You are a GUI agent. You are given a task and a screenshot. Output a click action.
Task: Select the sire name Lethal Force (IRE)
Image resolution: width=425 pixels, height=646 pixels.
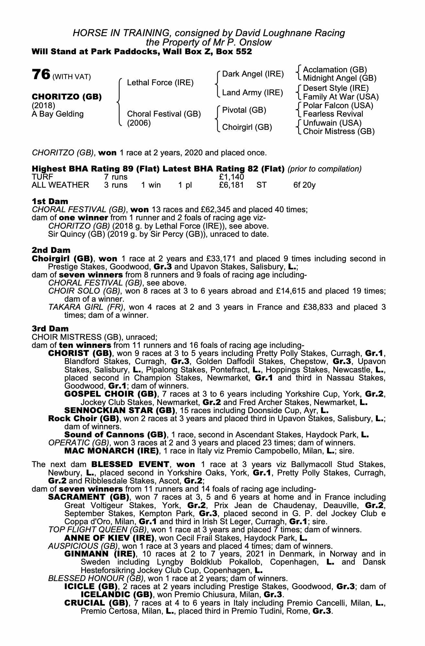160,83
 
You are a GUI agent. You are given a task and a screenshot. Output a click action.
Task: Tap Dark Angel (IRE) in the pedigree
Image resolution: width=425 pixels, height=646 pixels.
253,74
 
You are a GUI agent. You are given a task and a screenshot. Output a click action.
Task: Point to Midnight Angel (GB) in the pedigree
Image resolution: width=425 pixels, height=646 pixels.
340,78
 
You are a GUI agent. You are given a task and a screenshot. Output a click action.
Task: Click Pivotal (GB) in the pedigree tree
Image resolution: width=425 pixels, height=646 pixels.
244,110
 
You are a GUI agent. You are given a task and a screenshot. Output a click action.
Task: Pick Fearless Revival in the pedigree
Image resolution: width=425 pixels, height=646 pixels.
333,114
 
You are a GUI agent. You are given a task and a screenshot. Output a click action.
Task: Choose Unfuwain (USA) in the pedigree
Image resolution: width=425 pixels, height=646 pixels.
332,123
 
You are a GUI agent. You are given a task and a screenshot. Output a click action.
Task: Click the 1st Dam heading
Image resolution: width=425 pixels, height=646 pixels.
50,201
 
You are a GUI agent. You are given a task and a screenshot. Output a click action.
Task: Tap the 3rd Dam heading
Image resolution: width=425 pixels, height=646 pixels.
50,328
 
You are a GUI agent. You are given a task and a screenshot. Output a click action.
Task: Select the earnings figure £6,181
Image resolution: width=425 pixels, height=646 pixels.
231,185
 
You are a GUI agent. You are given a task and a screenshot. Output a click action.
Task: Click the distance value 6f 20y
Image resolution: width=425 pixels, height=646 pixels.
304,185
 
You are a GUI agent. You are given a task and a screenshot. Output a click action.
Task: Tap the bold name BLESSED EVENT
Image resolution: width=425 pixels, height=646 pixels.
130,464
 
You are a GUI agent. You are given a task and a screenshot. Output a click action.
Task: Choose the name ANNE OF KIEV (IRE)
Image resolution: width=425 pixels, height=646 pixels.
109,538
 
